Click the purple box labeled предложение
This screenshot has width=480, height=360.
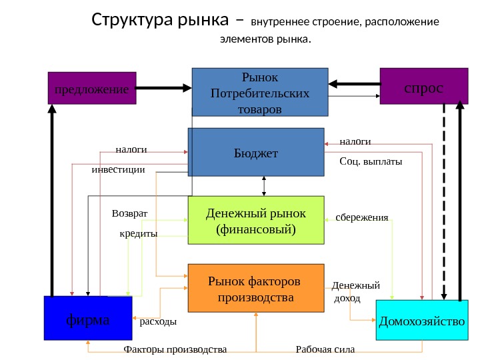(x=92, y=88)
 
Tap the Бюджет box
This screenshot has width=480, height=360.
(x=255, y=153)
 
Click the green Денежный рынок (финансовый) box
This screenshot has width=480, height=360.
(x=255, y=220)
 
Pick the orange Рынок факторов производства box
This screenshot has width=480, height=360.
(x=255, y=288)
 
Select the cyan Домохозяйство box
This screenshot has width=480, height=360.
(x=422, y=321)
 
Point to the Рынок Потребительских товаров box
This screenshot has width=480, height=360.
(x=260, y=92)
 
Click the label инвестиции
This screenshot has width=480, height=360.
(x=118, y=170)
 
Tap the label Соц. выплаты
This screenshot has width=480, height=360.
(x=371, y=161)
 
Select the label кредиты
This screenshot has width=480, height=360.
(x=138, y=234)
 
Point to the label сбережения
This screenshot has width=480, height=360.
(x=361, y=217)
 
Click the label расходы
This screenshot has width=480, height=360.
(x=158, y=322)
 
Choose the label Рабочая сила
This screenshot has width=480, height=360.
(x=325, y=349)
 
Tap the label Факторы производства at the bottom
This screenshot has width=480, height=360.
(x=175, y=349)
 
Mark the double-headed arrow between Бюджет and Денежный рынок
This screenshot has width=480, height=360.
(x=265, y=186)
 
